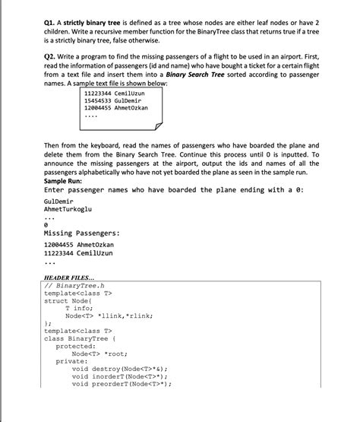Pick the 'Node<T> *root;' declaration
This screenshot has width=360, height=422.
(x=99, y=354)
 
